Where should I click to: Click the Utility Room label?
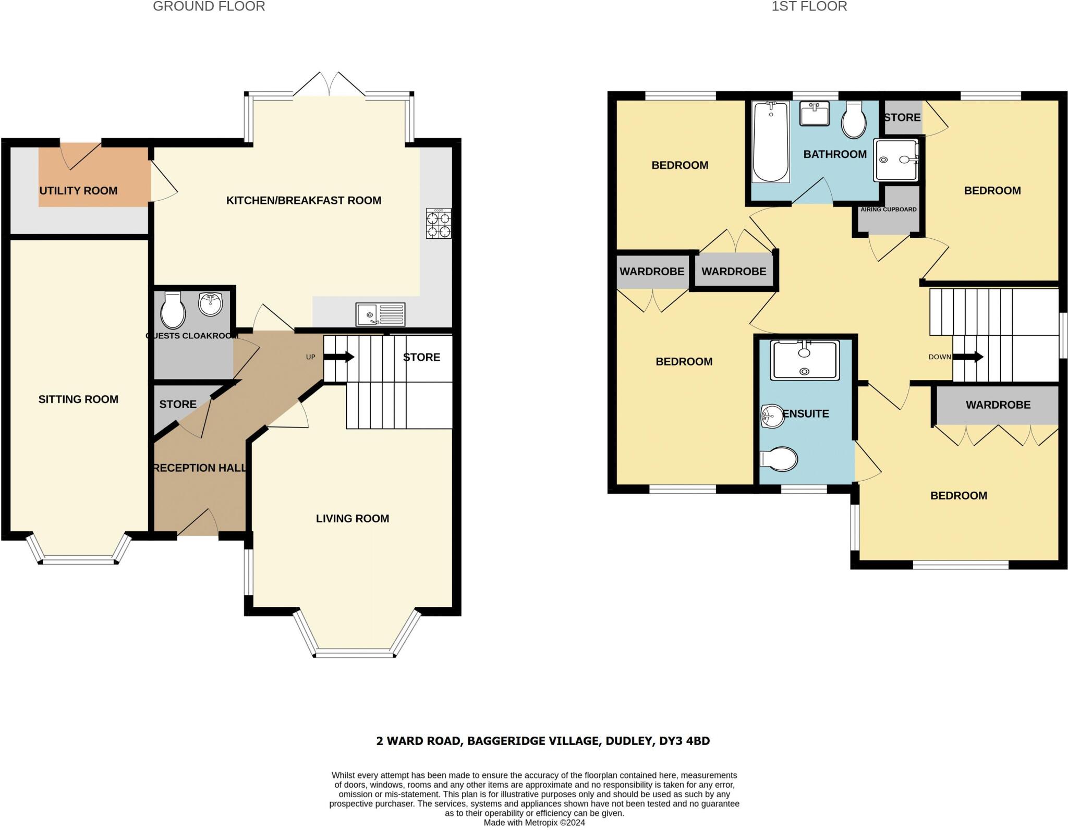pyautogui.click(x=78, y=191)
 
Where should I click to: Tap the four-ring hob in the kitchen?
pyautogui.click(x=439, y=224)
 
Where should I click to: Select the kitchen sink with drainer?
pyautogui.click(x=381, y=315)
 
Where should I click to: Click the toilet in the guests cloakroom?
pyautogui.click(x=173, y=310)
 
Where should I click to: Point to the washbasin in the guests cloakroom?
pyautogui.click(x=211, y=304)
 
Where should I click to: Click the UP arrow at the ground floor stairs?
pyautogui.click(x=339, y=357)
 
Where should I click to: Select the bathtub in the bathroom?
pyautogui.click(x=770, y=142)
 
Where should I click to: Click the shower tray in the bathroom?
pyautogui.click(x=897, y=160)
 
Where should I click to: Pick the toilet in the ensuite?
pyautogui.click(x=779, y=460)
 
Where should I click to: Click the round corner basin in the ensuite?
pyautogui.click(x=772, y=416)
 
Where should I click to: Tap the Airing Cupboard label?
pyautogui.click(x=889, y=210)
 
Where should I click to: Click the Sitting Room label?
pyautogui.click(x=78, y=399)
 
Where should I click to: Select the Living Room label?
pyautogui.click(x=353, y=519)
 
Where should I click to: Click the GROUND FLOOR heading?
pyautogui.click(x=209, y=6)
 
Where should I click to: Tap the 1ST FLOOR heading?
pyautogui.click(x=809, y=6)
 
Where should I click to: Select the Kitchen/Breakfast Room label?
pyautogui.click(x=304, y=201)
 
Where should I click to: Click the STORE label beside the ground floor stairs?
pyautogui.click(x=421, y=358)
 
